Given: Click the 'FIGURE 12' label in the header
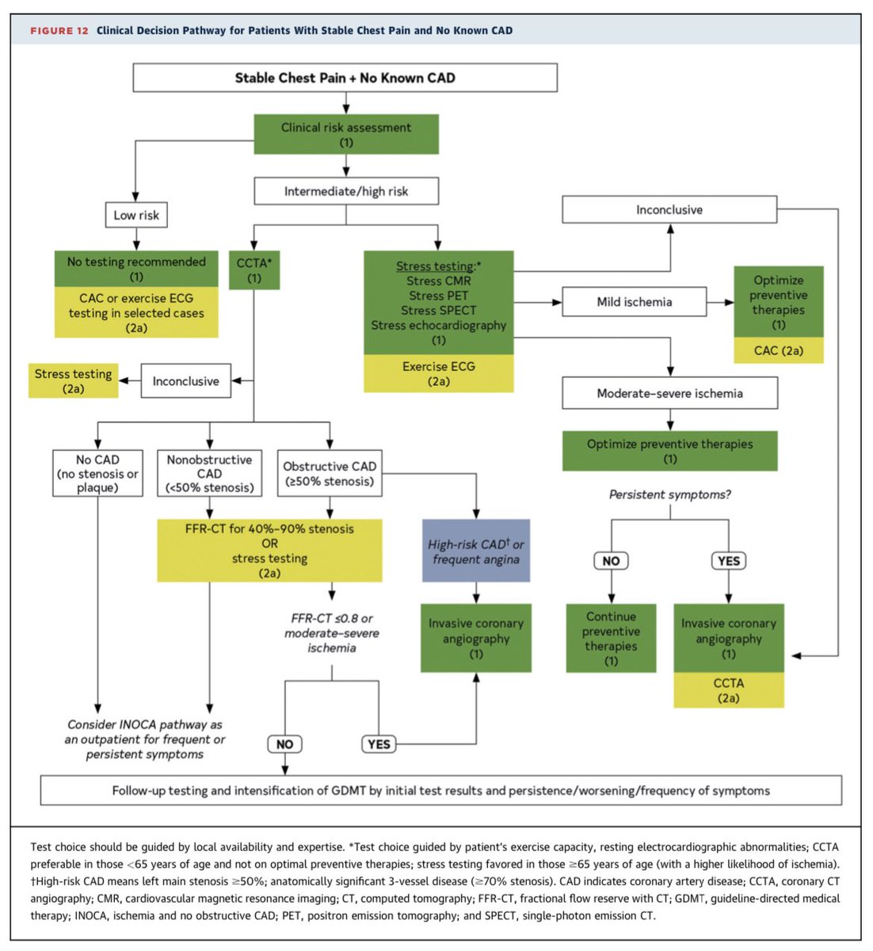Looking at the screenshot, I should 59,31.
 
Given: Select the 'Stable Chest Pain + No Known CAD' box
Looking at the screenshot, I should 345,78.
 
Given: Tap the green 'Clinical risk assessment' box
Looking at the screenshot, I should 346,135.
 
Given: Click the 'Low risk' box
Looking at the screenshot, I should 136,215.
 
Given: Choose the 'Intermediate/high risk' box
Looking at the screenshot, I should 346,191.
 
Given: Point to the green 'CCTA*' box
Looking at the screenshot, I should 254,270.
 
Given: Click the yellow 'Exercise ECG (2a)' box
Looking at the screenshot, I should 438,373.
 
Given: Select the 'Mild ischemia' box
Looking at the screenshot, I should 634,302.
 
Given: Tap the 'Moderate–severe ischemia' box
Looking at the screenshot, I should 669,393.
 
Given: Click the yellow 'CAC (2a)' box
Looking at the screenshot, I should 778,350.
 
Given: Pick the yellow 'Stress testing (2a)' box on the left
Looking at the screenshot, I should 74,381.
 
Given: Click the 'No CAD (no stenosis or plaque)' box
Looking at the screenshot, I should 97,473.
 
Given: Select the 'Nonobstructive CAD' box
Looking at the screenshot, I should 210,473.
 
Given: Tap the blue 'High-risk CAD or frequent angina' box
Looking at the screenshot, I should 475,552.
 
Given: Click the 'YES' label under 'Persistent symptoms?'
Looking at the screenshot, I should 728,561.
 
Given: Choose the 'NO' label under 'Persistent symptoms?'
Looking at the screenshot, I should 611,561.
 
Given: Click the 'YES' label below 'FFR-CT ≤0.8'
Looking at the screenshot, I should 379,744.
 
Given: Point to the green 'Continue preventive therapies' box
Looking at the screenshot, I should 611,638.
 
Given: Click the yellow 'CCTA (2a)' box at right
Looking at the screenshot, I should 728,690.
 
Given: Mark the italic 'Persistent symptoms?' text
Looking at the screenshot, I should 669,495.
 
